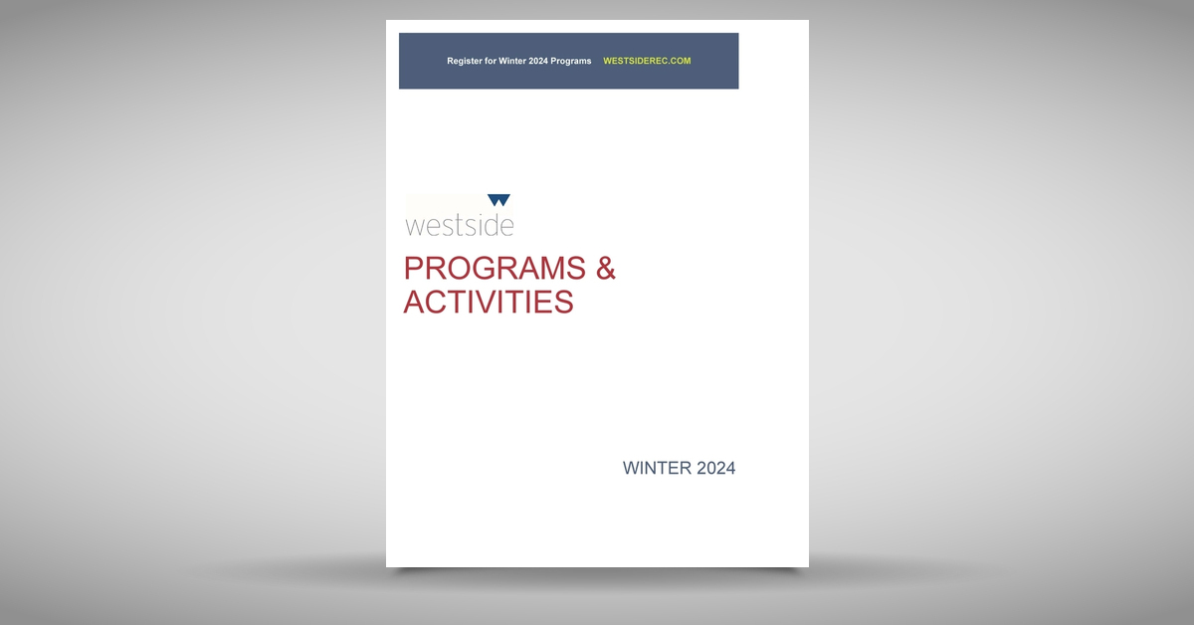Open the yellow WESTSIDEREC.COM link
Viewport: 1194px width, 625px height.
point(647,61)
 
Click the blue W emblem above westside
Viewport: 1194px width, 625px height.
point(498,200)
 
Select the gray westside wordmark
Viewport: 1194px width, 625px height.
point(459,225)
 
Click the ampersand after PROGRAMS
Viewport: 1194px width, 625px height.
point(605,269)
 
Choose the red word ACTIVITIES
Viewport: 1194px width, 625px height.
point(488,302)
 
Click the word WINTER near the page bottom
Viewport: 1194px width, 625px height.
point(657,468)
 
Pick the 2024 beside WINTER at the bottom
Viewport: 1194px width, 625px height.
point(715,468)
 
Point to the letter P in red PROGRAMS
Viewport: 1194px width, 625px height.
point(413,269)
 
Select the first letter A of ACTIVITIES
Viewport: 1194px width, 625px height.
point(415,302)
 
